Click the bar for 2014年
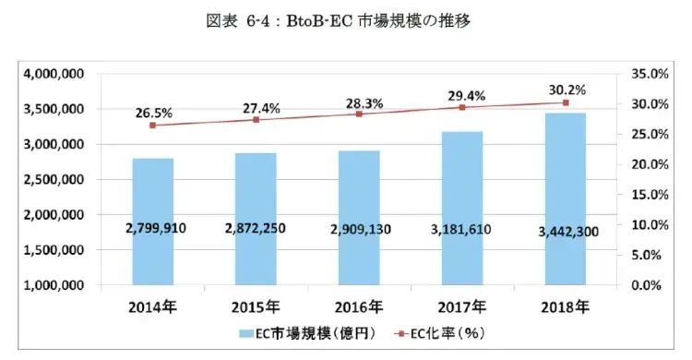(x=152, y=222)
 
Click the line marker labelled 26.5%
(x=152, y=125)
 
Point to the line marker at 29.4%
(x=462, y=107)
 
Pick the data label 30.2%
(x=565, y=90)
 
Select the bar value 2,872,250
(x=256, y=227)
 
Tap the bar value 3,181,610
(x=462, y=227)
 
